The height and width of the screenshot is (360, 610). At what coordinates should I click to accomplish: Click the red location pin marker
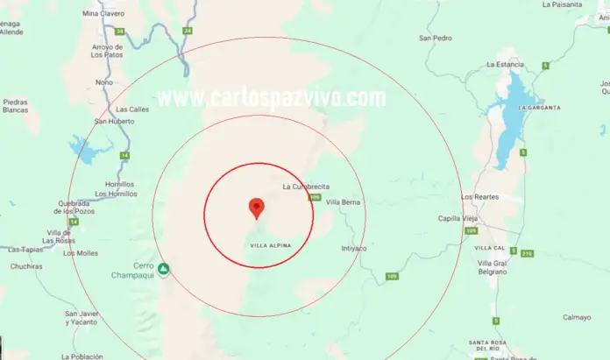[x=257, y=208]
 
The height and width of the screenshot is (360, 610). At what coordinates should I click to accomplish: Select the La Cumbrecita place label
[x=305, y=187]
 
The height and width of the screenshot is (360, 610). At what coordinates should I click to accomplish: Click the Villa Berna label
[x=343, y=202]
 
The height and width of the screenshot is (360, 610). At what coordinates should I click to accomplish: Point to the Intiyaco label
[x=354, y=248]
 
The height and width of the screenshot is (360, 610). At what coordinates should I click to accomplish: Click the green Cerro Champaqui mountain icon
[x=164, y=267]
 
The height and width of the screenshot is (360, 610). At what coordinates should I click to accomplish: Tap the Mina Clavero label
[x=103, y=14]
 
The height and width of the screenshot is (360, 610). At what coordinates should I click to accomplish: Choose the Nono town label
[x=103, y=82]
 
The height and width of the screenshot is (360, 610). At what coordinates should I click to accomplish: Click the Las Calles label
[x=132, y=109]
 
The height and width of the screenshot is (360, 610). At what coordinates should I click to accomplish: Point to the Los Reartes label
[x=479, y=196]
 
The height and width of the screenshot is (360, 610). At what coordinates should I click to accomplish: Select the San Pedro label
[x=436, y=39]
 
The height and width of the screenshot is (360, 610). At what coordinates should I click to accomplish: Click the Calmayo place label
[x=577, y=317]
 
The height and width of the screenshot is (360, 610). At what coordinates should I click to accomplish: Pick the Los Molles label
[x=81, y=252]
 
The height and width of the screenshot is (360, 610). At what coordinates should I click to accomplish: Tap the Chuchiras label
[x=26, y=266]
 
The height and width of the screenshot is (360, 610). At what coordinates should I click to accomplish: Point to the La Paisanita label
[x=562, y=4]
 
